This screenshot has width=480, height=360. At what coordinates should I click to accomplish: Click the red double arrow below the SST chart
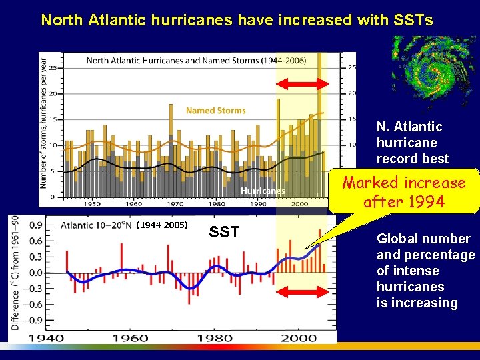point(303,292)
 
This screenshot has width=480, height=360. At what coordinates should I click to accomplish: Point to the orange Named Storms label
point(215,111)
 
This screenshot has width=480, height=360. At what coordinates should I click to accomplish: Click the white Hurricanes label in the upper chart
point(263,191)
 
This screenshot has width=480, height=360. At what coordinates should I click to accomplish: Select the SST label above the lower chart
point(224,233)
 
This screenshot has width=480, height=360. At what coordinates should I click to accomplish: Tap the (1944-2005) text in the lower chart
point(162,225)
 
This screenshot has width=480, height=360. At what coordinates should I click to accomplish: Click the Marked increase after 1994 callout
point(404,192)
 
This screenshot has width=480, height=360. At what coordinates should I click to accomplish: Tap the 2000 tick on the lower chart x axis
point(298,337)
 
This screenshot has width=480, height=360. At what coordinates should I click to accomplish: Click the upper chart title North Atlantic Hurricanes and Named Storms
point(196,61)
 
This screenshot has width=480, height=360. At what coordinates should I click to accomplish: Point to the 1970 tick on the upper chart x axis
point(175,204)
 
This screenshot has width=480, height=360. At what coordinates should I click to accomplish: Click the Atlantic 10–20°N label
point(96,225)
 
